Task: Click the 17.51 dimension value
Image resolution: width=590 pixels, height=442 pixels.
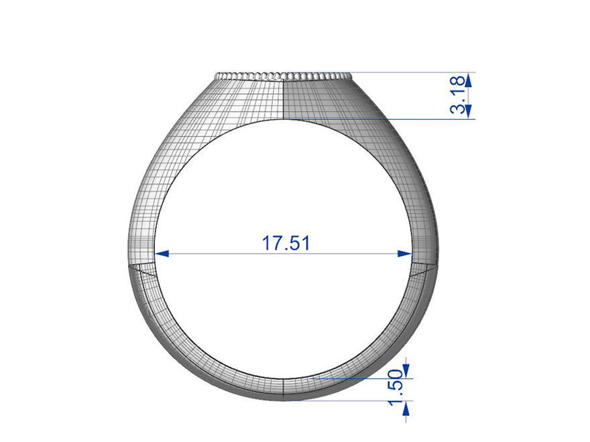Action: click(x=286, y=242)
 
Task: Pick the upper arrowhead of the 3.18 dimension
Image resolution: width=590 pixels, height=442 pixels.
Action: click(x=468, y=79)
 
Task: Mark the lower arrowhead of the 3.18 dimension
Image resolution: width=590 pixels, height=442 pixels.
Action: click(x=468, y=112)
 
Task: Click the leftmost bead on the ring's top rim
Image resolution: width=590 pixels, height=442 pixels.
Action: click(x=218, y=76)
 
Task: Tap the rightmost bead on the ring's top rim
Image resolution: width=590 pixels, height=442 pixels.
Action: click(x=349, y=76)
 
